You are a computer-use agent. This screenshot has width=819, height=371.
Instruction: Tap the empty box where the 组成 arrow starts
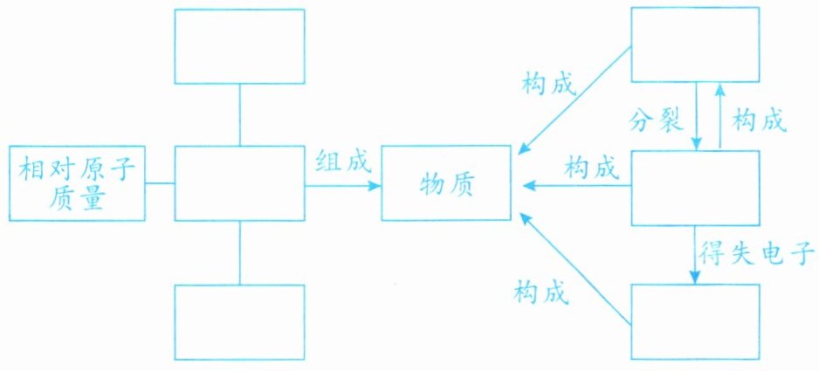239,184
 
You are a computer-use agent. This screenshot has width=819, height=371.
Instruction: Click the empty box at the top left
239,46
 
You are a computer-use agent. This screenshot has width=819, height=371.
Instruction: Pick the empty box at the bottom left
239,321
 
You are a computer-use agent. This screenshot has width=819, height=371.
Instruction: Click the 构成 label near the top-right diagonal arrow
550,85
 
